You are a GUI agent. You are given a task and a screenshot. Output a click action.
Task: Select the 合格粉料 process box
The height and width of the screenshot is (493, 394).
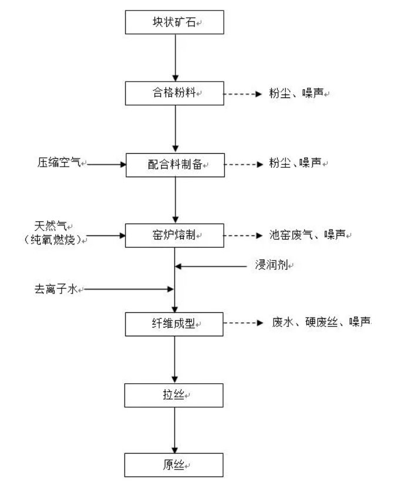(x=174, y=93)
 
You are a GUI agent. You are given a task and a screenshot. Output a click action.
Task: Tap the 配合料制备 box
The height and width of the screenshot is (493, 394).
(x=174, y=164)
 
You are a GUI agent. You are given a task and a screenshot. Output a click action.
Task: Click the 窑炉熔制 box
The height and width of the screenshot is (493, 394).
(x=174, y=235)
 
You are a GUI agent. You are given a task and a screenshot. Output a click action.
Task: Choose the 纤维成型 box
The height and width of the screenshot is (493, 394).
(x=174, y=323)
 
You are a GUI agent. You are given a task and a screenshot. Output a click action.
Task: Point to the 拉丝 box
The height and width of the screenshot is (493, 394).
(x=174, y=395)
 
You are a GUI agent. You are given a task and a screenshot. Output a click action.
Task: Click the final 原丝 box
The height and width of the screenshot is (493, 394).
(x=174, y=465)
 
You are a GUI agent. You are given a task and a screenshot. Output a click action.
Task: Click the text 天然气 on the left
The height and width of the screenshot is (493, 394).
(x=53, y=225)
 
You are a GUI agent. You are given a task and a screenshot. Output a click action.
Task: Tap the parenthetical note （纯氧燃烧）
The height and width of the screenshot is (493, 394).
(x=53, y=239)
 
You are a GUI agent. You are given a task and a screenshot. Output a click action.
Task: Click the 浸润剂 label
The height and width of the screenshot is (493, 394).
(x=271, y=266)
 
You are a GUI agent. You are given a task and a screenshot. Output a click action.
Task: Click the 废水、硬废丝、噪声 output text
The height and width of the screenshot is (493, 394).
(x=321, y=322)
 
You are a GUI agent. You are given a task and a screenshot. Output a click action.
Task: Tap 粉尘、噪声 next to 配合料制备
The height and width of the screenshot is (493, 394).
(x=297, y=164)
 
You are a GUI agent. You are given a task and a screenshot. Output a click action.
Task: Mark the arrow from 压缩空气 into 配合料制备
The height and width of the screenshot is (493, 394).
(x=106, y=164)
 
